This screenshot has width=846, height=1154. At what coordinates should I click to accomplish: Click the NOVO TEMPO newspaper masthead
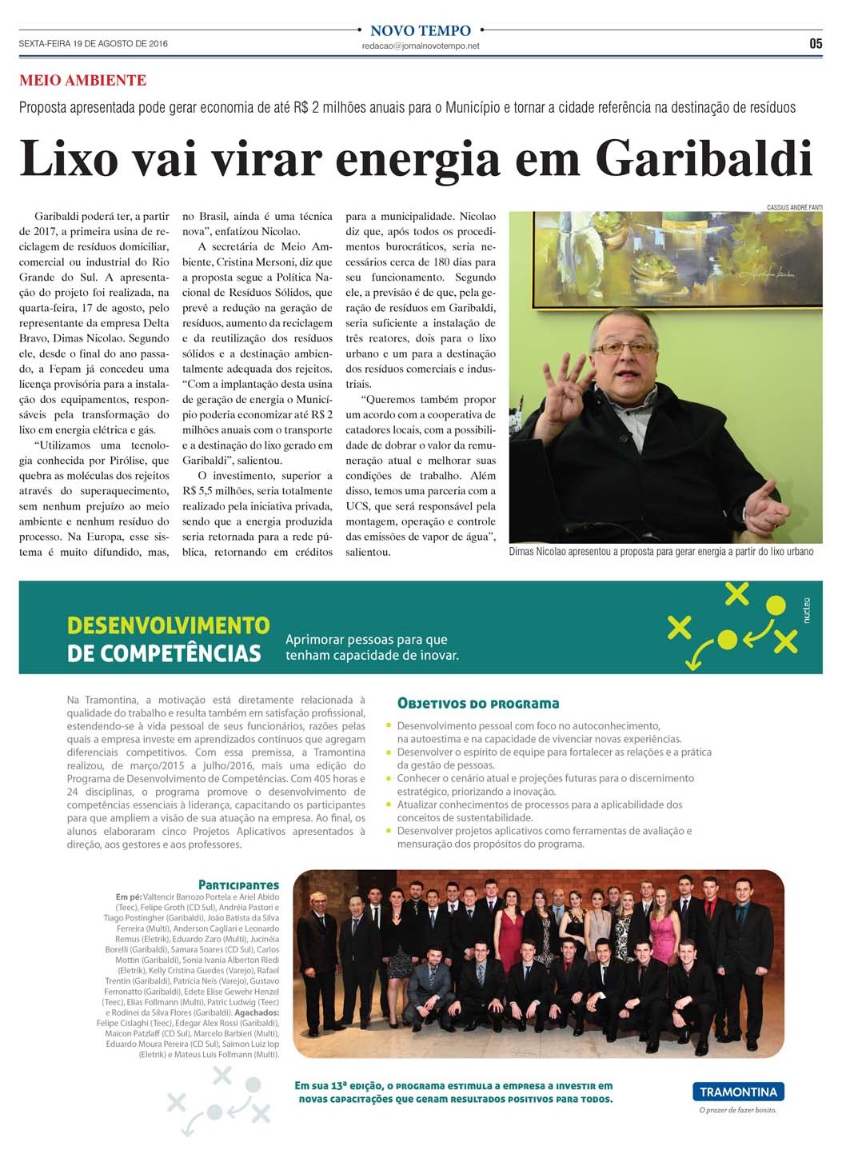point(421,30)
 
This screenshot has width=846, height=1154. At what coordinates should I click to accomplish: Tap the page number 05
point(815,44)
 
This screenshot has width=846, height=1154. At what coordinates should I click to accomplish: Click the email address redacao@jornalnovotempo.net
point(421,46)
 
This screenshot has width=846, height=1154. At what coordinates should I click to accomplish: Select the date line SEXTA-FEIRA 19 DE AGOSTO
point(94,44)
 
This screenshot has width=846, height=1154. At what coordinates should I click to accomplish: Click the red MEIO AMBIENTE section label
point(82,80)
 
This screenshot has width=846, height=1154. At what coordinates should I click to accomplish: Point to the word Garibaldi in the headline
point(704,158)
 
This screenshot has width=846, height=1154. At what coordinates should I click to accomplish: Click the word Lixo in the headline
point(69,158)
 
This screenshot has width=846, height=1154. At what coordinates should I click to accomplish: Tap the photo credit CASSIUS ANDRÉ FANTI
point(794,207)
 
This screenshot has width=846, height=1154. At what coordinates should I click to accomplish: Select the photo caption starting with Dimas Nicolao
point(660,552)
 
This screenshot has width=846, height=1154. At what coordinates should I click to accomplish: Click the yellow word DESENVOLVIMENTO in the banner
point(169,625)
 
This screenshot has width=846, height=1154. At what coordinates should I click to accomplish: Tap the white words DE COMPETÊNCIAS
point(164,653)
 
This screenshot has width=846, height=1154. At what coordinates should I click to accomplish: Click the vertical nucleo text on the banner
point(806,610)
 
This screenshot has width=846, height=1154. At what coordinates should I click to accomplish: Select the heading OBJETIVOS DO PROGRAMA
point(478,704)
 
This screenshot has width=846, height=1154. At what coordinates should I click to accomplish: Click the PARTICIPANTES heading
point(238,885)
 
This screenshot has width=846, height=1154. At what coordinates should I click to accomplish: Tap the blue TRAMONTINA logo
point(738,1092)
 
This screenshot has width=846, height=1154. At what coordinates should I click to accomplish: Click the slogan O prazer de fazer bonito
point(737,1110)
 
